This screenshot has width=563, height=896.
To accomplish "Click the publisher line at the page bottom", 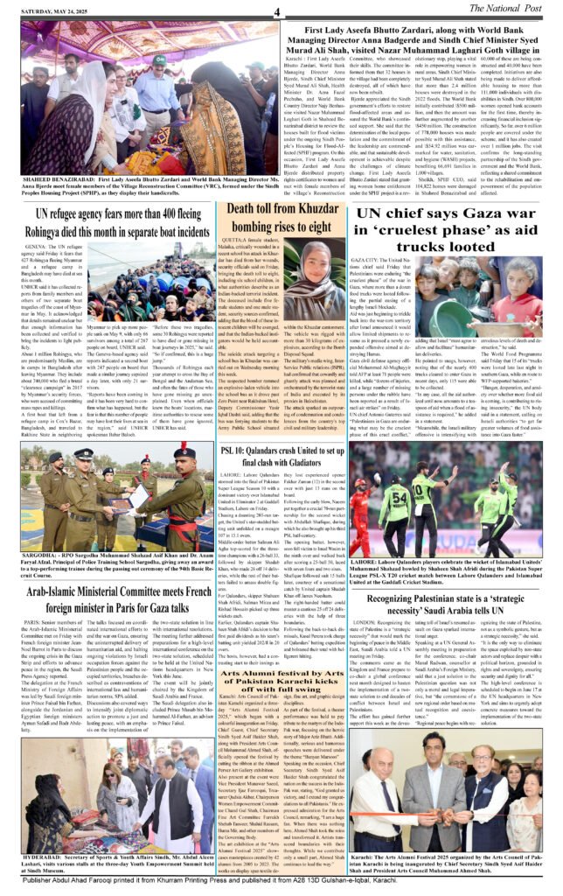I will (x=281, y=885).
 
